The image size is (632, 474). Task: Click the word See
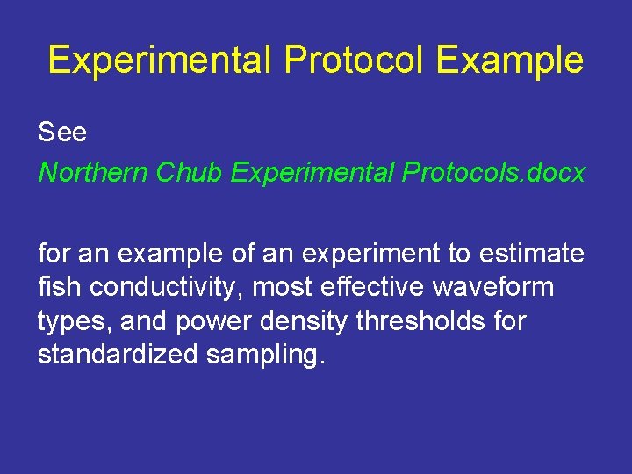[62, 133]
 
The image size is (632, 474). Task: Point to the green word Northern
[93, 173]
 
